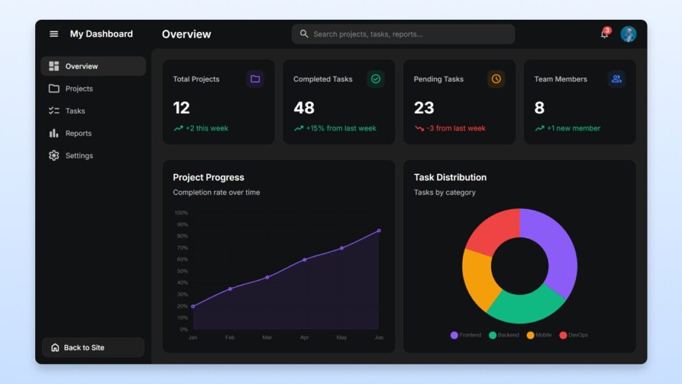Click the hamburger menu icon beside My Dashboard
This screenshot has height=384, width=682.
54,34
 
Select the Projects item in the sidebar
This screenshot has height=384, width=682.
79,89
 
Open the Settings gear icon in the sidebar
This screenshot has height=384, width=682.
54,155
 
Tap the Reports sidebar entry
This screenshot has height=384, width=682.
78,134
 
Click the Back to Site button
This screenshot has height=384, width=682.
93,348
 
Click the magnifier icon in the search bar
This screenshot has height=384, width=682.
304,34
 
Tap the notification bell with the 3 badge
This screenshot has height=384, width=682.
604,34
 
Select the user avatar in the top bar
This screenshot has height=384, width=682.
628,34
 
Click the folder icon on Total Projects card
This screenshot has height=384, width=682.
255,79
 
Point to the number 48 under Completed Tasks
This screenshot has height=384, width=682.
304,108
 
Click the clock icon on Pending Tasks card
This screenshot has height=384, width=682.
496,79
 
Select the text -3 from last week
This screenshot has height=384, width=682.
455,128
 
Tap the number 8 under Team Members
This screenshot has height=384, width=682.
539,108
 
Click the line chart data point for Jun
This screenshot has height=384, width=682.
379,231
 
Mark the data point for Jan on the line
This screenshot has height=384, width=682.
193,306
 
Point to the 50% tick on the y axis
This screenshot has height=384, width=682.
182,271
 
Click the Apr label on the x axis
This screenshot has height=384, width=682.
304,337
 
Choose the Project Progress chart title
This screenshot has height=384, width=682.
208,178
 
